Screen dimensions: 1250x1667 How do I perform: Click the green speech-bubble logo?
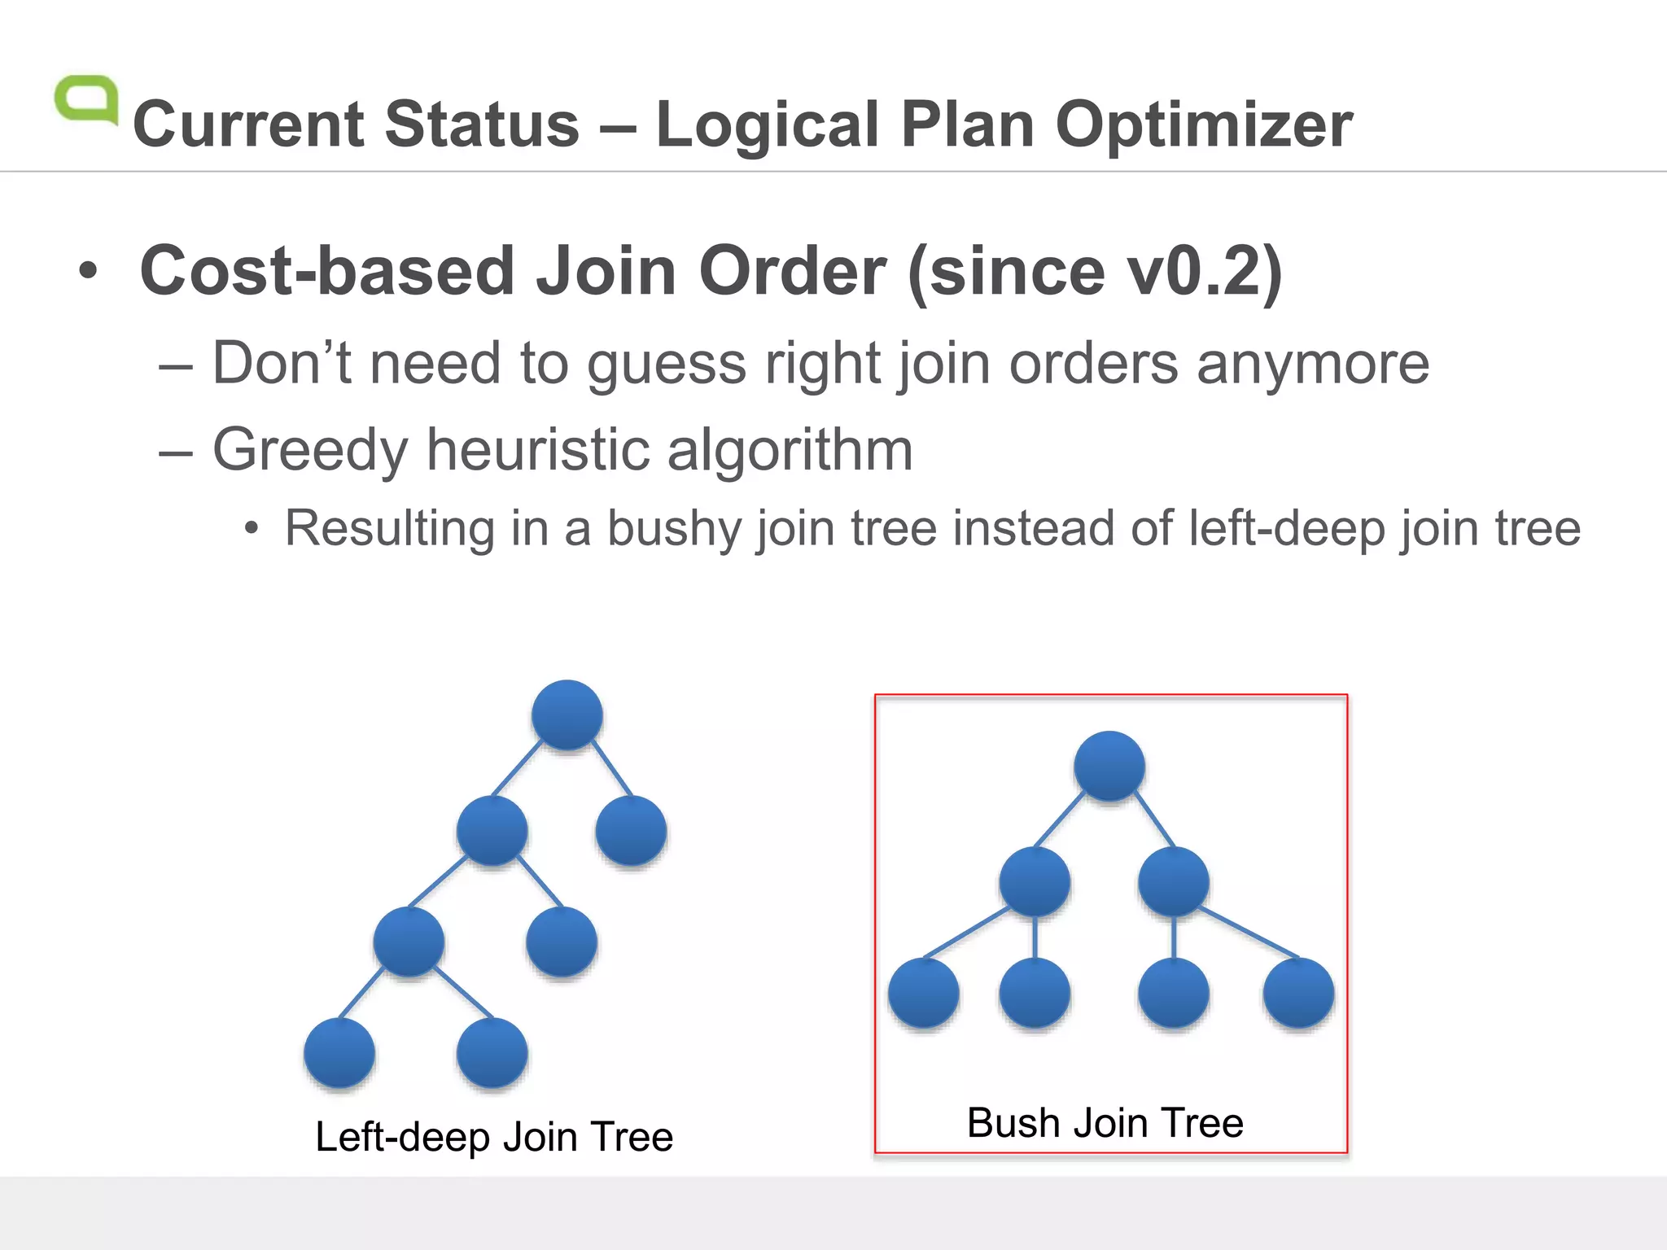[x=85, y=100]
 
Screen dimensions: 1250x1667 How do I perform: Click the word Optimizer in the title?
[x=1204, y=125]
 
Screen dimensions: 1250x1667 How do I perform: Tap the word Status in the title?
[x=482, y=125]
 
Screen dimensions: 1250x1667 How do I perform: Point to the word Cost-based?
[x=327, y=271]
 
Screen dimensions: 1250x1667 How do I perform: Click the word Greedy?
[x=309, y=450]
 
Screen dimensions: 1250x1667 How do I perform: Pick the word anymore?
[x=1312, y=364]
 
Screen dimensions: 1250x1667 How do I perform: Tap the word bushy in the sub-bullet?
[x=675, y=529]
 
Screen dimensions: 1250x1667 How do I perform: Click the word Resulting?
[x=389, y=529]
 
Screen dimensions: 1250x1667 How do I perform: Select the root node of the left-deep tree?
[x=567, y=715]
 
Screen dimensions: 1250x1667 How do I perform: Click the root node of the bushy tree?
[x=1109, y=766]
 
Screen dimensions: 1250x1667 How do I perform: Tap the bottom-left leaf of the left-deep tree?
[x=339, y=1052]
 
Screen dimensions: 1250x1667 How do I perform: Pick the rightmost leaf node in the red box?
[x=1298, y=993]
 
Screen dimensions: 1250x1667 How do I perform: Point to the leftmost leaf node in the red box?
[x=923, y=993]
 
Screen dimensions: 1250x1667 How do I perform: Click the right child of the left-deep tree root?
[x=631, y=830]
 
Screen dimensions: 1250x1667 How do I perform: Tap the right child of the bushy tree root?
[x=1173, y=881]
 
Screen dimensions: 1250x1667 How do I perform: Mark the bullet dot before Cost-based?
[x=88, y=271]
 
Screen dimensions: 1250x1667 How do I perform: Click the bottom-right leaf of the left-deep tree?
[x=492, y=1052]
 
